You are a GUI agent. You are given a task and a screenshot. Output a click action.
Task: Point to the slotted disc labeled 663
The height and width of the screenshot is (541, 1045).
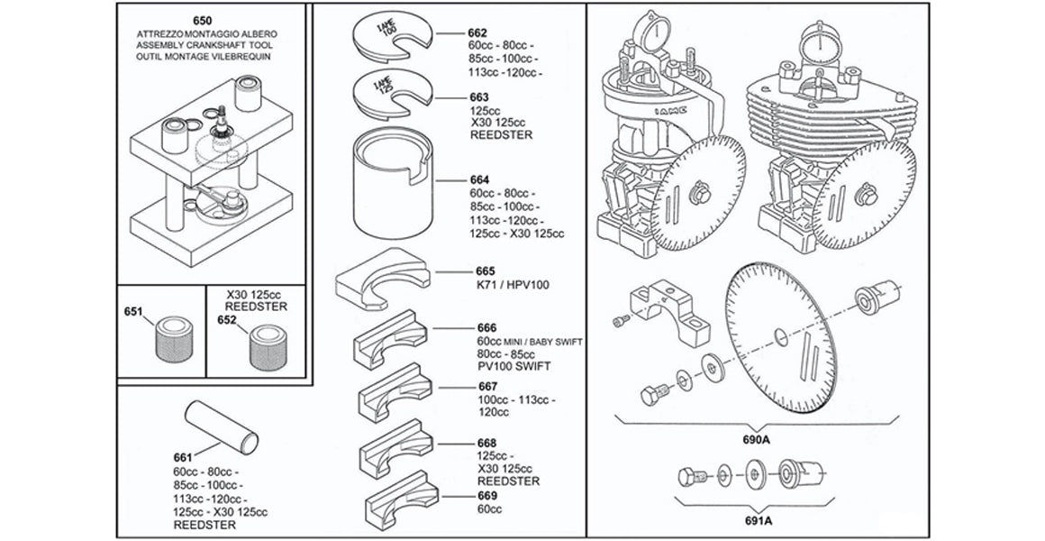coord(393,95)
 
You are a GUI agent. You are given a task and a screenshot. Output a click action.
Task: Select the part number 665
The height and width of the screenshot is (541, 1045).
coord(485,270)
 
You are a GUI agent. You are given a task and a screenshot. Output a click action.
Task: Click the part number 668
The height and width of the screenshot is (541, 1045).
coord(486,444)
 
